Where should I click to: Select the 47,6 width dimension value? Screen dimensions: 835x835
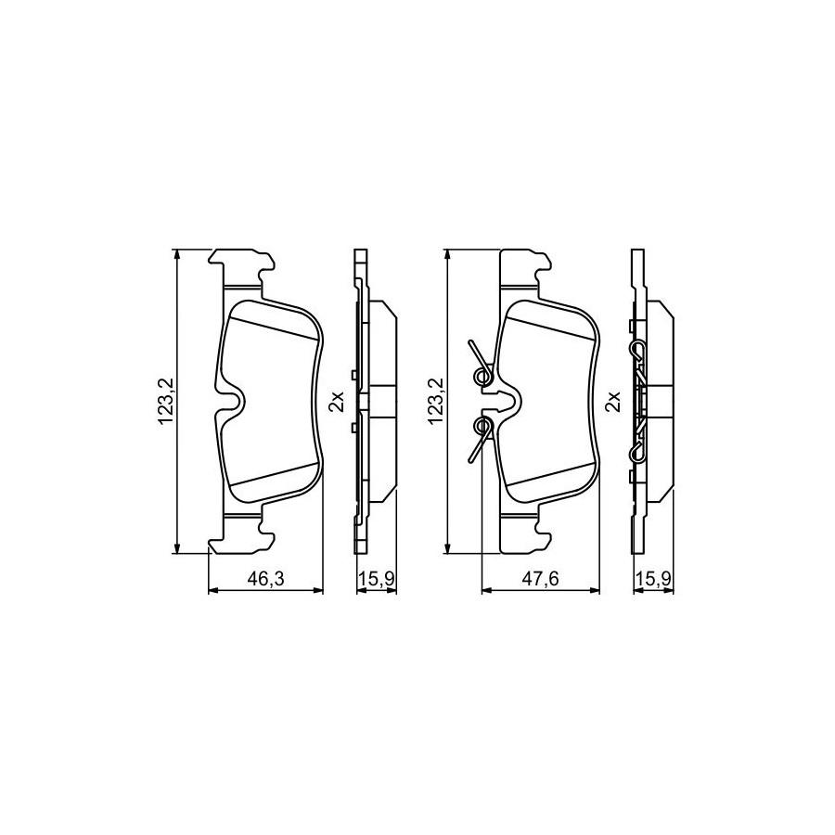[540, 578]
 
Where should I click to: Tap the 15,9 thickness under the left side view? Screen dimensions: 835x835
[377, 578]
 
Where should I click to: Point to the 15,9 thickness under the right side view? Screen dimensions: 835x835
[654, 578]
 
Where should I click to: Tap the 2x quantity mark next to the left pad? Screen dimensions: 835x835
[337, 401]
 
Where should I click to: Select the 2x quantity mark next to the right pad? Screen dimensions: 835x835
[613, 401]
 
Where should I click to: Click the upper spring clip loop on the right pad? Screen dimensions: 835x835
[482, 377]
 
